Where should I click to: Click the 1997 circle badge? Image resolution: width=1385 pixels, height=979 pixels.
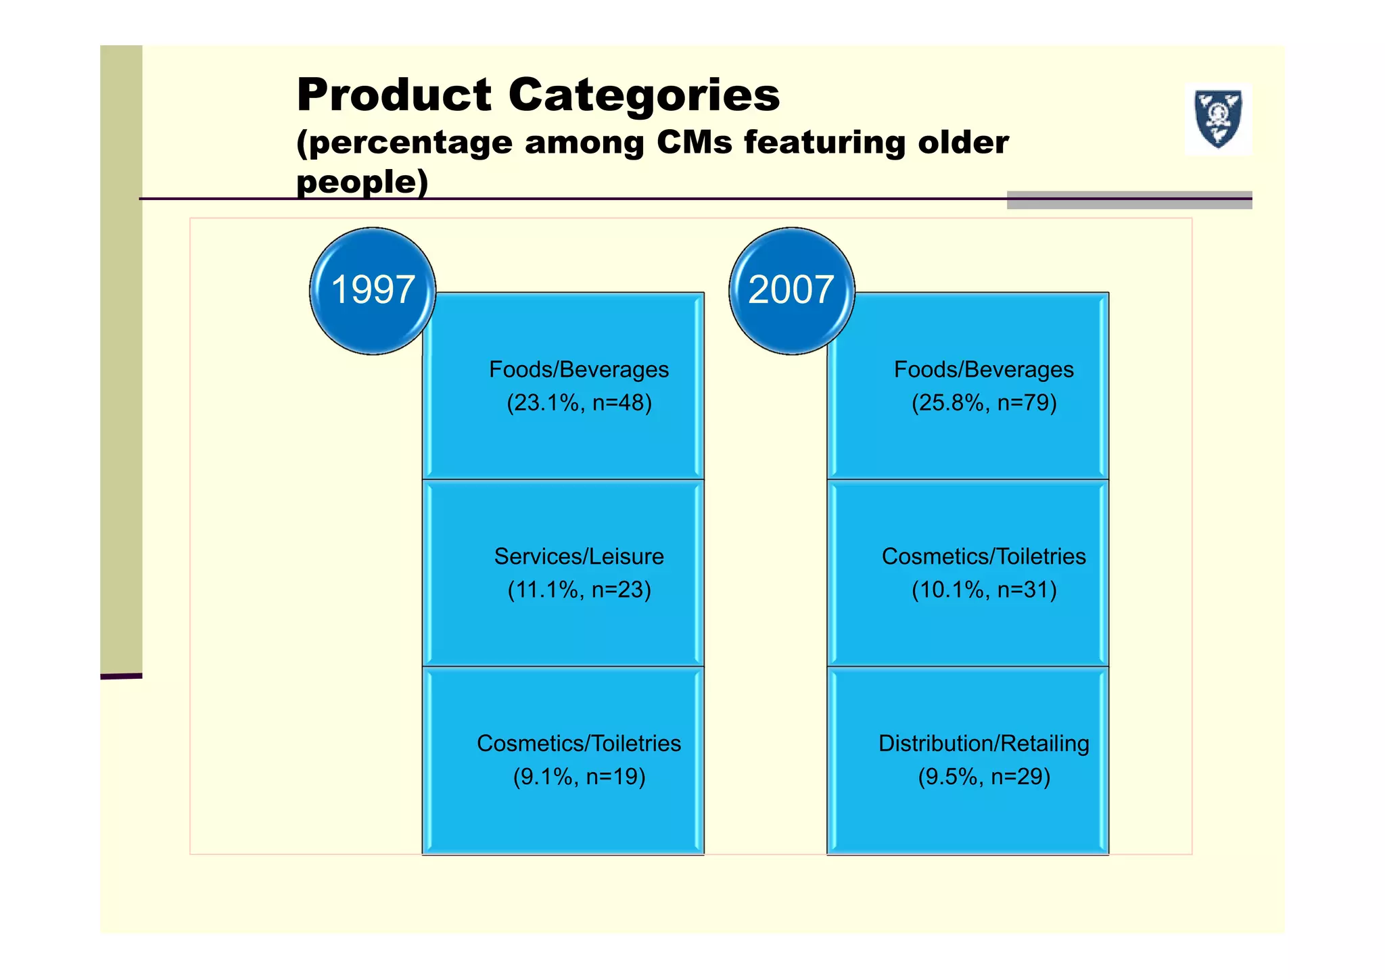point(373,291)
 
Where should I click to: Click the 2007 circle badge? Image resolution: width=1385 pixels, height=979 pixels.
point(791,291)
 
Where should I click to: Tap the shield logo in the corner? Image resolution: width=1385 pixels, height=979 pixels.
point(1218,119)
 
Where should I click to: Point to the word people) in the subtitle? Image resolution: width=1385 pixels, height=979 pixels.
point(362,181)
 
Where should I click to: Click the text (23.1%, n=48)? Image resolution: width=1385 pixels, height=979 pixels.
point(579,403)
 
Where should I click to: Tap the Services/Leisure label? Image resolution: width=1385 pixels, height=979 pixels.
point(579,556)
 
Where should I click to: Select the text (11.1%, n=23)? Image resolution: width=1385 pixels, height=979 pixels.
point(579,590)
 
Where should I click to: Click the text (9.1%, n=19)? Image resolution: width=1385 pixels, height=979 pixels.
point(579,777)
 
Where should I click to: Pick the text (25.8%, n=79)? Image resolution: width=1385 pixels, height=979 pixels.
point(984,403)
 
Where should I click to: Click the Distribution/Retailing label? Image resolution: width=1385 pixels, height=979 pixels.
point(984,744)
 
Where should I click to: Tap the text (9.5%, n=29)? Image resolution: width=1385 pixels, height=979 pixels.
point(984,777)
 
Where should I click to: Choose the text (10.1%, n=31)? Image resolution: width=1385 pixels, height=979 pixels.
point(984,590)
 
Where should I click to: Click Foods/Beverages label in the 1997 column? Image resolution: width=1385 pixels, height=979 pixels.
point(579,370)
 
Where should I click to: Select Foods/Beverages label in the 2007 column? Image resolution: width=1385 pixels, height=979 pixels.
point(984,370)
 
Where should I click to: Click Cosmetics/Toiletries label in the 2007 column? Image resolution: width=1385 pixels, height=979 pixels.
point(984,556)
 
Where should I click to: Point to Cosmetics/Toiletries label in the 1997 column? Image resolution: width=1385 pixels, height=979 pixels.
point(579,744)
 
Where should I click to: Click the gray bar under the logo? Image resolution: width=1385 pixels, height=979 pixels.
point(1129,200)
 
